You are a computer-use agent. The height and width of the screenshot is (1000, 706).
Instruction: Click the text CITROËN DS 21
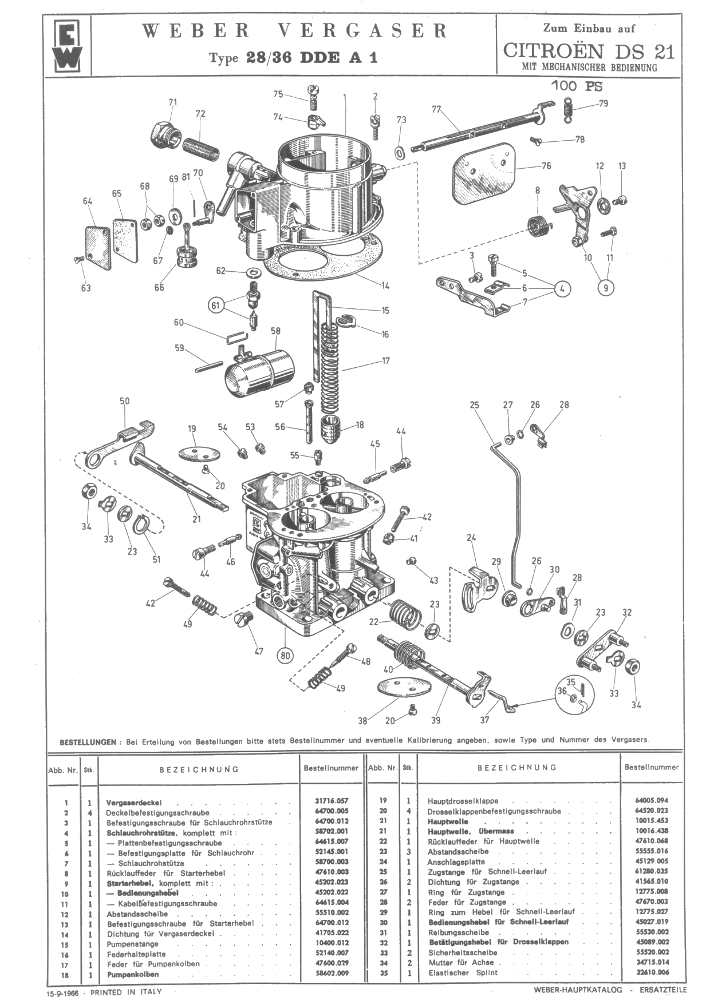point(589,51)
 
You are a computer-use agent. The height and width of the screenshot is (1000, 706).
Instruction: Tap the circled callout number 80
point(285,655)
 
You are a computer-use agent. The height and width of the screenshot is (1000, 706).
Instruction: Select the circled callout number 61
point(215,305)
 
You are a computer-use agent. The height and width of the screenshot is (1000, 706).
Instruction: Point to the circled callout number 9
point(606,287)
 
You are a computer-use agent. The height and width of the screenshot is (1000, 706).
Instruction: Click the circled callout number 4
point(562,289)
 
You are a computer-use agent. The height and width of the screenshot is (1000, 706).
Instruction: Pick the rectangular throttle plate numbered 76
point(483,174)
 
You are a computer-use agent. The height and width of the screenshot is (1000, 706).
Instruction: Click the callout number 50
point(124,401)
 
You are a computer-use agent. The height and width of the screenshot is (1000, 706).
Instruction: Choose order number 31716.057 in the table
point(332,801)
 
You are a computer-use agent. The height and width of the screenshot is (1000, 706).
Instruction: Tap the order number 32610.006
point(651,972)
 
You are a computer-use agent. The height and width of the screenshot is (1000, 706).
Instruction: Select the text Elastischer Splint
point(463,973)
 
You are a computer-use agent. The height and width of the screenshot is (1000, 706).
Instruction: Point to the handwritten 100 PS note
point(577,86)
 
